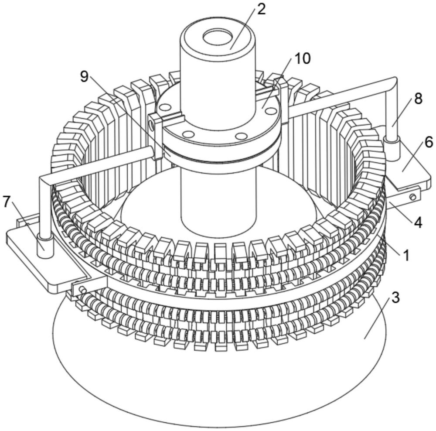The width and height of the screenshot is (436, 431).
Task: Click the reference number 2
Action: [261, 10]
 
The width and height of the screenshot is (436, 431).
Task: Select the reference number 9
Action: [85, 76]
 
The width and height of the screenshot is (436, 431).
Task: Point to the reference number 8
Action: [418, 99]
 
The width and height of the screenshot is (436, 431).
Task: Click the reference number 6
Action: [429, 143]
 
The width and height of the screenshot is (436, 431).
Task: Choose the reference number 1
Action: [406, 256]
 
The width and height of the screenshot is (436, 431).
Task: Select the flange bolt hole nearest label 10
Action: [269, 110]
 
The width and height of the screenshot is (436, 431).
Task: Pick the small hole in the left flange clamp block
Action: [151, 127]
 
